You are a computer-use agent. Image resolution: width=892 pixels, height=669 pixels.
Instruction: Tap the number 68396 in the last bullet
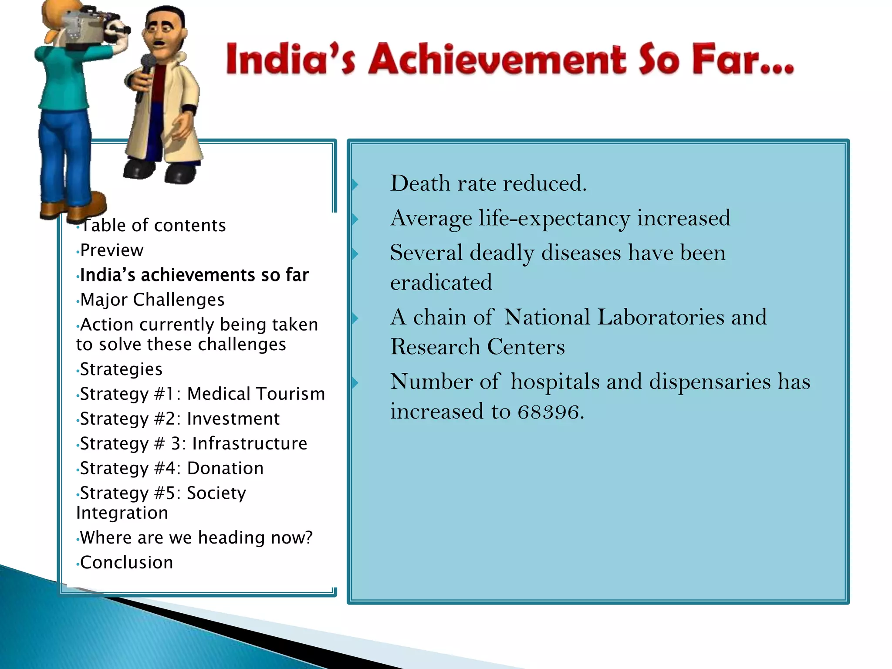(x=548, y=412)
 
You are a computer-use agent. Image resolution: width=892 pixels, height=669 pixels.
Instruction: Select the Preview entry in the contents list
(x=112, y=250)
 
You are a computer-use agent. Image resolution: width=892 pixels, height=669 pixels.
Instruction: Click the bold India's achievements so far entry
(x=194, y=275)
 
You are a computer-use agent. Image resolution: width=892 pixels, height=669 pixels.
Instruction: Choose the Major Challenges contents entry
(x=152, y=300)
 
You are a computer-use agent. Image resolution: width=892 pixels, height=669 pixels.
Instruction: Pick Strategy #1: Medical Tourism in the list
(x=203, y=394)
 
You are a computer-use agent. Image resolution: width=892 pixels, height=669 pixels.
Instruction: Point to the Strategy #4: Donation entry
(x=172, y=469)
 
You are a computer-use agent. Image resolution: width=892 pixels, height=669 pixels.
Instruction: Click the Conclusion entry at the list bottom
(x=127, y=563)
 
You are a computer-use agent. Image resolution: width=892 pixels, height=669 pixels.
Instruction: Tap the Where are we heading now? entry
(x=196, y=538)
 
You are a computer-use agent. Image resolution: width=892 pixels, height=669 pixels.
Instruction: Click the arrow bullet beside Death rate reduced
(x=355, y=185)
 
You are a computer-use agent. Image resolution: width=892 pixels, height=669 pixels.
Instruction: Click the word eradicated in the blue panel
(x=441, y=283)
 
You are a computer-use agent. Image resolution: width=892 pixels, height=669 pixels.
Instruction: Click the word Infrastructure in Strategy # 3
(x=250, y=444)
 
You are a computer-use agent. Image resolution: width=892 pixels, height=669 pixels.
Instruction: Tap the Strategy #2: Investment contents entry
(x=180, y=419)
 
